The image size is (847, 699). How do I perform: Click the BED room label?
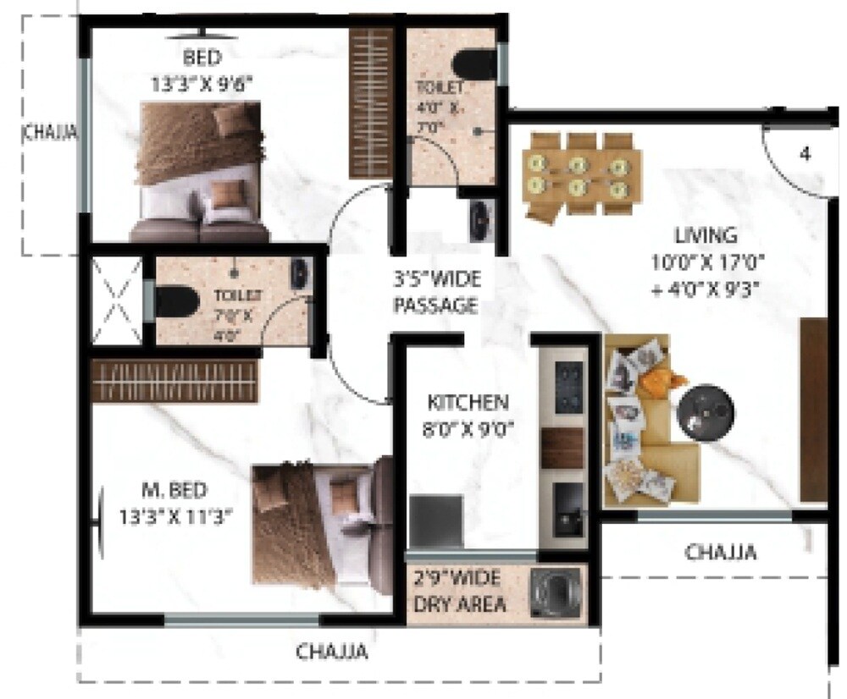click(x=202, y=58)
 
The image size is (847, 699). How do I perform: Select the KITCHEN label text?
click(x=468, y=402)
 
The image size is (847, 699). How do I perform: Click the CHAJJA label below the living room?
click(x=721, y=553)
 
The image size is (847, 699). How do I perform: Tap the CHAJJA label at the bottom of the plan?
click(x=332, y=652)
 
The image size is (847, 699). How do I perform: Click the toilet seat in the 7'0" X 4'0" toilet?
click(x=177, y=300)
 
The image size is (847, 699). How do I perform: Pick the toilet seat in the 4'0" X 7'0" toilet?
click(x=473, y=63)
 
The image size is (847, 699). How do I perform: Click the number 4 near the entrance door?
click(x=804, y=155)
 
